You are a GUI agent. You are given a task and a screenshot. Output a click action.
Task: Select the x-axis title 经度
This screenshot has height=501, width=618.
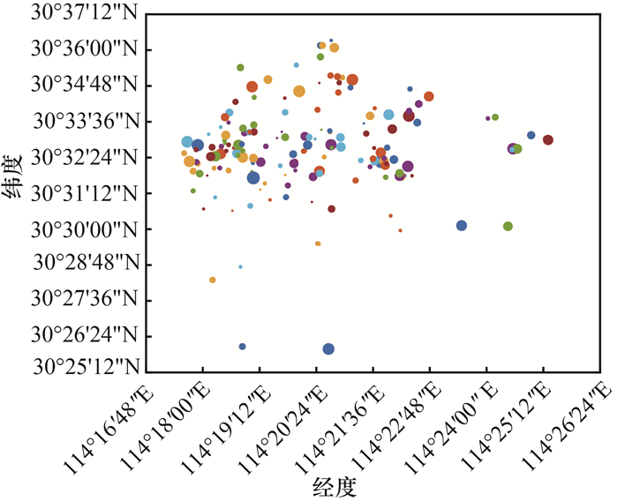[335, 484]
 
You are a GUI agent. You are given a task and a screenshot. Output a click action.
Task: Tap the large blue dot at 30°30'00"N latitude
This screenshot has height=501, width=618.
[461, 226]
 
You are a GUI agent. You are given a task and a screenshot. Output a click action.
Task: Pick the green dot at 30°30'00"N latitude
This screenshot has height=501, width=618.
[508, 227]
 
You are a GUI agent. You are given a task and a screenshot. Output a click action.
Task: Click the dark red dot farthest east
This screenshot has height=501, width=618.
[547, 139]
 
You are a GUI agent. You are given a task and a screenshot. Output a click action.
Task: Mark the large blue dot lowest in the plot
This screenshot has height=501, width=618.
[328, 349]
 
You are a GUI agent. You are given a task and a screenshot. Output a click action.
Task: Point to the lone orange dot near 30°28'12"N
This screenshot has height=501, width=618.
[213, 280]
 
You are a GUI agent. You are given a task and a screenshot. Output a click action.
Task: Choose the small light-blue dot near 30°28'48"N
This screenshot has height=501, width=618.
[240, 266]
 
